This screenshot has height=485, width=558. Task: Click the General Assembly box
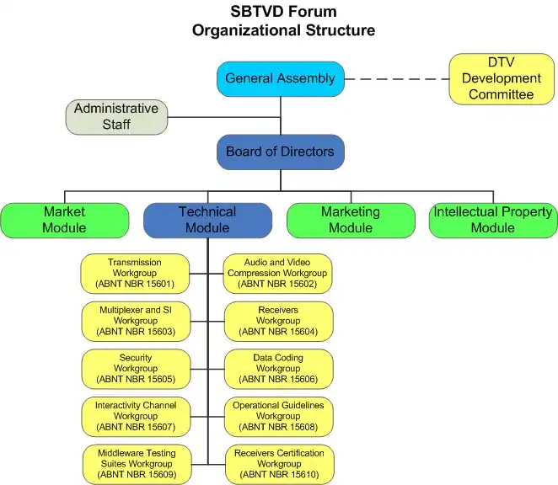point(280,78)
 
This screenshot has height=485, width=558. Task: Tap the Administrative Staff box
point(116,117)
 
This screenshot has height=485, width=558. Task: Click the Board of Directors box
point(280,152)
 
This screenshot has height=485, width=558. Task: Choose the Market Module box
point(65,220)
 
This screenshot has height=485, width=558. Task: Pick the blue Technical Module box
point(207,220)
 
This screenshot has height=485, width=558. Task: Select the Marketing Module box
point(351,220)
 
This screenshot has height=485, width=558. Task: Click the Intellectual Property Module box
point(493,220)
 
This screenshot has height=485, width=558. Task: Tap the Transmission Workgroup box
point(135,273)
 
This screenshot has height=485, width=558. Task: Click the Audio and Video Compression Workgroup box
point(278,273)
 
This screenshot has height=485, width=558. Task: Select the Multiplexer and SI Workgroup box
point(135,321)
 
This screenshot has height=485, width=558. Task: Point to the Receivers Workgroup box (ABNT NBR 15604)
point(278,321)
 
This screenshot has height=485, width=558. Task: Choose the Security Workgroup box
point(135,369)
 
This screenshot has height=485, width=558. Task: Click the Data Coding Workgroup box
point(278,369)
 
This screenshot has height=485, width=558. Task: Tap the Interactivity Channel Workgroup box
point(135,416)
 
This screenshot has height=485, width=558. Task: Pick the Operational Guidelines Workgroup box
point(278,416)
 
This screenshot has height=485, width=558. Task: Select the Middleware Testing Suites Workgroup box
point(135,464)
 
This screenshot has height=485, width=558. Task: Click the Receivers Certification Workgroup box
point(278,464)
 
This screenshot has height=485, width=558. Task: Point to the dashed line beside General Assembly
point(396,79)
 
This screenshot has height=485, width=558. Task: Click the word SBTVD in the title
point(257,12)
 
